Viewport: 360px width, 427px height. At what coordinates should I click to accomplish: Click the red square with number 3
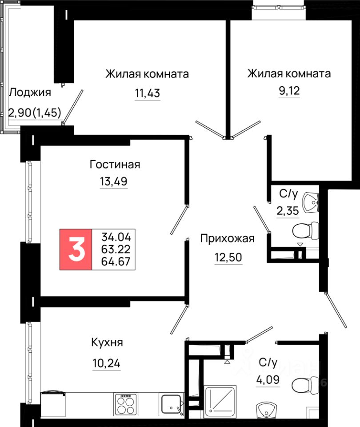[x=76, y=250]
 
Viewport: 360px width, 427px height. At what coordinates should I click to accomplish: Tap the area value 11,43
[x=148, y=93]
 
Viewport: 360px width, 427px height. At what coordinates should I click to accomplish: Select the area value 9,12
[x=289, y=91]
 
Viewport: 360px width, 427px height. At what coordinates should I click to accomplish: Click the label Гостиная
[x=115, y=165]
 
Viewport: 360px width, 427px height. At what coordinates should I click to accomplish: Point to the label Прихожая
[x=228, y=238]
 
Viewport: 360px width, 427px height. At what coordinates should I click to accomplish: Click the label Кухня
[x=107, y=342]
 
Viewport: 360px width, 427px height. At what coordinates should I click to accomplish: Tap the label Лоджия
[x=30, y=93]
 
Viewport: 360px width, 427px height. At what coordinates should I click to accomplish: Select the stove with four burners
[x=126, y=404]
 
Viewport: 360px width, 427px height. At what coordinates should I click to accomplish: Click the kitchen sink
[x=172, y=404]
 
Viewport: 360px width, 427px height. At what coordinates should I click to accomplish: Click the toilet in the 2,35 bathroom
[x=305, y=230]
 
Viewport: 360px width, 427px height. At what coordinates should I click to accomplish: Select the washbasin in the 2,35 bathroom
[x=311, y=202]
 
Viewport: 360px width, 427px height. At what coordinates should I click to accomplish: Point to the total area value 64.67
[x=116, y=262]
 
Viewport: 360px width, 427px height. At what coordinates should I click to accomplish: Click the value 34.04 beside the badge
[x=116, y=237]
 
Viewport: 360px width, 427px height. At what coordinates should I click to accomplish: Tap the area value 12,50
[x=228, y=258]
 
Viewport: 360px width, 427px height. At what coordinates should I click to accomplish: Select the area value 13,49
[x=114, y=181]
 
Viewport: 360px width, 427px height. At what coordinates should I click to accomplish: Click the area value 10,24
[x=106, y=363]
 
